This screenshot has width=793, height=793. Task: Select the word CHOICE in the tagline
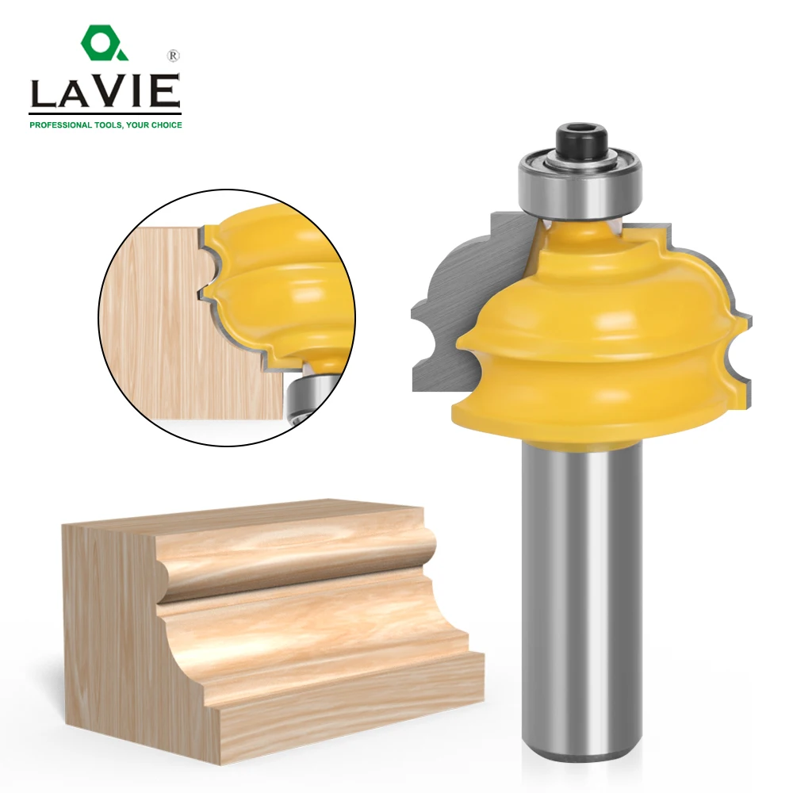165,125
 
